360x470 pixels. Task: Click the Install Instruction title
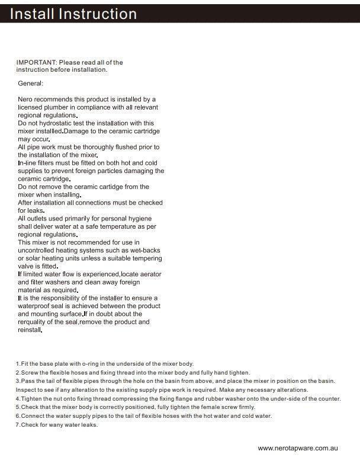point(73,14)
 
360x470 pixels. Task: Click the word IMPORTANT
point(36,62)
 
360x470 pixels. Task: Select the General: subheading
point(31,84)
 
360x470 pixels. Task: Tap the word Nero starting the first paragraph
point(25,99)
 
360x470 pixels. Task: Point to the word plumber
point(59,107)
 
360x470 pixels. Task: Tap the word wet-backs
point(146,251)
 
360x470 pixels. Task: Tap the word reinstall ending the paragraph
point(30,330)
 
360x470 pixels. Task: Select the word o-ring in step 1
point(78,363)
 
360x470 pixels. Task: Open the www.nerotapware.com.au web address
point(298,449)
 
